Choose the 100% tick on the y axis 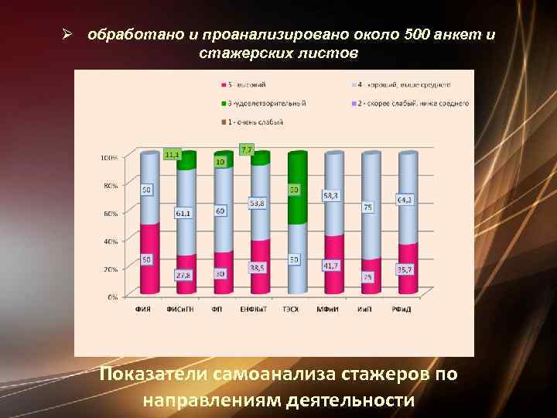[109, 158]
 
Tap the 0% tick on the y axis [113, 296]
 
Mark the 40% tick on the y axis [111, 242]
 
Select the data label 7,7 [248, 149]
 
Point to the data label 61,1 [183, 213]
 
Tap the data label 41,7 [331, 266]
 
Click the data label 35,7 [404, 270]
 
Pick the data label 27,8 [183, 275]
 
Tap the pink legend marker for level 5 [224, 84]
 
